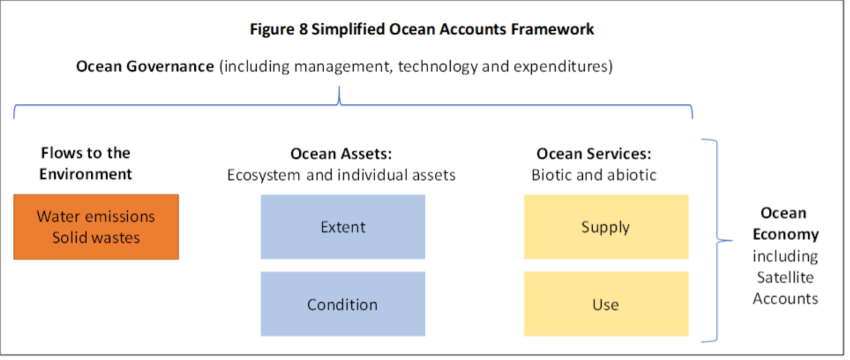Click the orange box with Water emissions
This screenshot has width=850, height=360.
click(x=96, y=227)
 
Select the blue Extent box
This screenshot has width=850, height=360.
click(x=343, y=227)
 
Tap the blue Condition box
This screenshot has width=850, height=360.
click(x=343, y=304)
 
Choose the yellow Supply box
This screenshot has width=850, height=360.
click(x=606, y=227)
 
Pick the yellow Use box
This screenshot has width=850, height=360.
click(x=606, y=304)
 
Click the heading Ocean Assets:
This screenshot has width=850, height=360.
click(x=341, y=154)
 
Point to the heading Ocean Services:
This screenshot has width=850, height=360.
click(x=594, y=154)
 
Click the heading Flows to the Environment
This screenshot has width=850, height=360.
click(x=86, y=163)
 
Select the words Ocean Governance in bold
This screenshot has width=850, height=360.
click(x=144, y=66)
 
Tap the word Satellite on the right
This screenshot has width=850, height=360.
click(x=785, y=277)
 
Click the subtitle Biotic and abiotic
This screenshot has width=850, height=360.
click(x=594, y=175)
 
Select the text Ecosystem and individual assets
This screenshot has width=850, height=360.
click(x=341, y=175)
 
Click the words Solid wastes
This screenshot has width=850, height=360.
click(x=96, y=237)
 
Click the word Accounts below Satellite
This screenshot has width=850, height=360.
click(x=785, y=299)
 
